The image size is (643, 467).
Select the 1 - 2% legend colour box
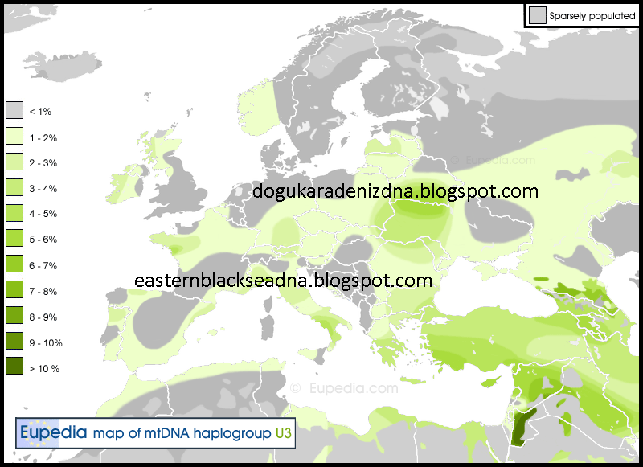pyautogui.click(x=14, y=137)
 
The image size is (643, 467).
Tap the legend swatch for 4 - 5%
pyautogui.click(x=14, y=214)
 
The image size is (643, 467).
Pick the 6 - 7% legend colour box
pyautogui.click(x=14, y=265)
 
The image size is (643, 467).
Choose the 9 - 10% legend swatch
pyautogui.click(x=14, y=342)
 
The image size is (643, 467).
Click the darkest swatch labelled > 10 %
pyautogui.click(x=14, y=368)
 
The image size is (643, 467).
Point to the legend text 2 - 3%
pyautogui.click(x=43, y=163)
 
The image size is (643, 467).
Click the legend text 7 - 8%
pyautogui.click(x=43, y=292)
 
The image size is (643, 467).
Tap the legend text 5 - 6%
pyautogui.click(x=43, y=240)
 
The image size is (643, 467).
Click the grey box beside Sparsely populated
pyautogui.click(x=537, y=14)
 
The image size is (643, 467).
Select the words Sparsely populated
pyautogui.click(x=592, y=15)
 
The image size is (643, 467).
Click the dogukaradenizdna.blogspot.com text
pyautogui.click(x=395, y=191)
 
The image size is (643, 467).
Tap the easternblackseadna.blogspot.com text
pyautogui.click(x=284, y=281)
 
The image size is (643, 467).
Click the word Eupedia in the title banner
pyautogui.click(x=53, y=433)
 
